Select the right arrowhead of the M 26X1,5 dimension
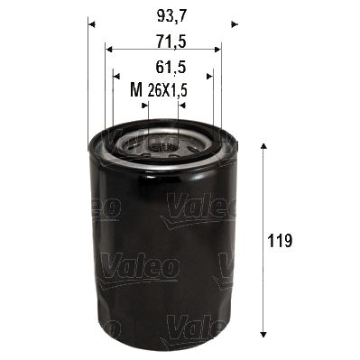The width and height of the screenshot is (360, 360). coord(182,105)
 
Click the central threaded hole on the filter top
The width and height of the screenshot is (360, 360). coord(162,144)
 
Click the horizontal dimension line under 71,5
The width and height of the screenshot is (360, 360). coord(162,51)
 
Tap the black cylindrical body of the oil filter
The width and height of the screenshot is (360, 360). coord(162,253)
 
